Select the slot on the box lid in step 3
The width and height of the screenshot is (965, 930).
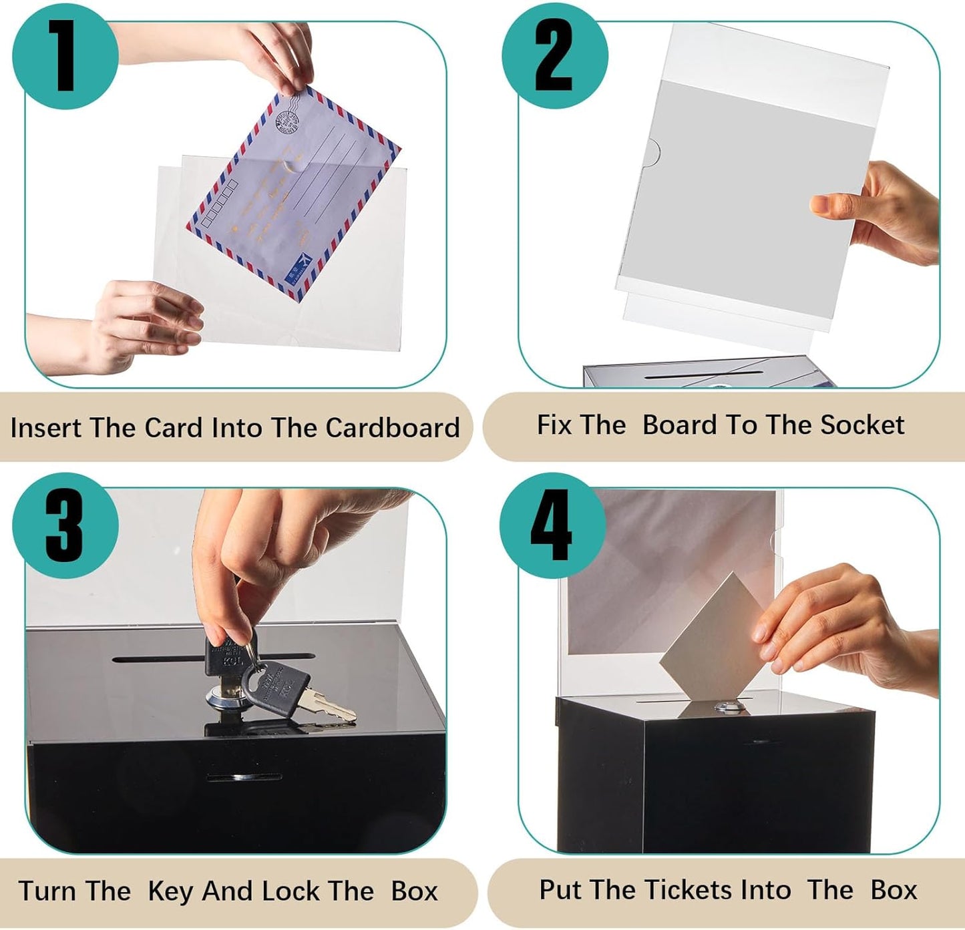pyautogui.click(x=160, y=659)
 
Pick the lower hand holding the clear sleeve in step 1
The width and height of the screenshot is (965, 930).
pyautogui.click(x=134, y=324)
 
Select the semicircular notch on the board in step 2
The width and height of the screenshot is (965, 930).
pyautogui.click(x=653, y=152)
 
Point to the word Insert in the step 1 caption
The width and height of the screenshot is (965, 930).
pyautogui.click(x=46, y=428)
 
